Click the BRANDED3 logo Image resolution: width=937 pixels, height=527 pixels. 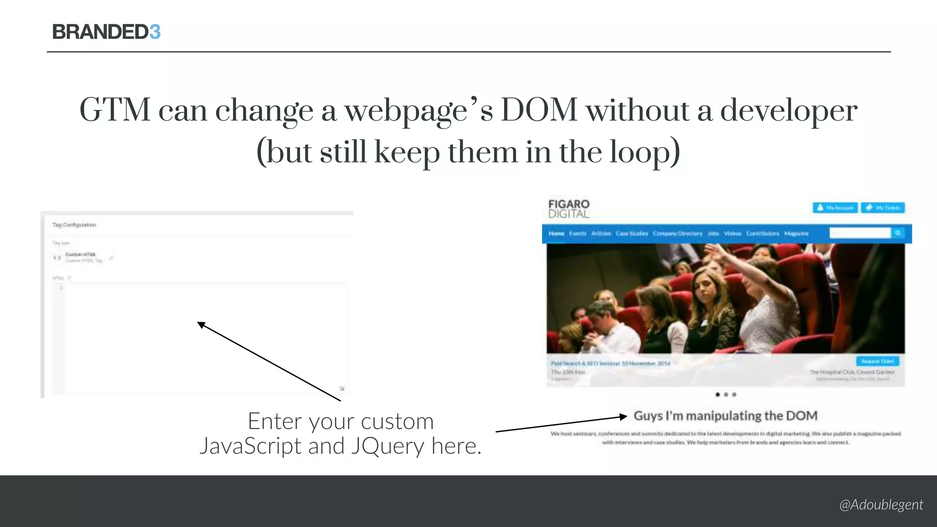(106, 32)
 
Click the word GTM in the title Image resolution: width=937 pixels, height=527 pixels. (115, 110)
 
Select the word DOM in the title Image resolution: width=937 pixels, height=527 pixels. (539, 110)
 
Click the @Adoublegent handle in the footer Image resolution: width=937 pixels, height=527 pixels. (881, 505)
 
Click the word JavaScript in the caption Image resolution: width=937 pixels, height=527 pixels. (249, 446)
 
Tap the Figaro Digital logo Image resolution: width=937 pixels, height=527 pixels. (569, 209)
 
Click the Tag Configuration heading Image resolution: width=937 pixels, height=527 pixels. (74, 225)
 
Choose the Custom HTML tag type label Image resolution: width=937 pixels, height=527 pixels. (81, 254)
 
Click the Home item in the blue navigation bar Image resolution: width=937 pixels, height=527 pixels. (556, 234)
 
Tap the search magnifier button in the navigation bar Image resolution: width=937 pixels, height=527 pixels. (898, 233)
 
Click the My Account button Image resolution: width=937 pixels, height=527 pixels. (835, 208)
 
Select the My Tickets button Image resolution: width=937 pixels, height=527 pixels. (883, 208)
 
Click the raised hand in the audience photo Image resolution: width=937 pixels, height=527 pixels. (714, 249)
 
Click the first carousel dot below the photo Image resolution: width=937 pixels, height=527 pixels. (717, 394)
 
